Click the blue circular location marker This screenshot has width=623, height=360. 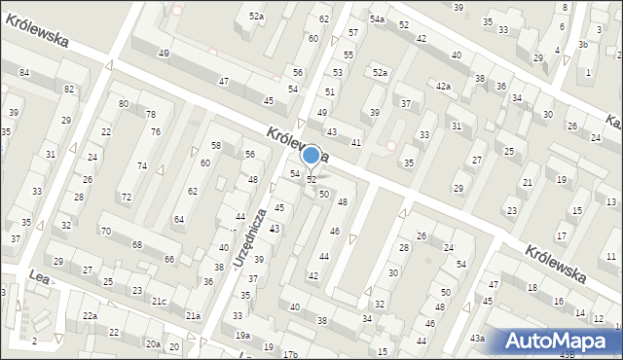311,154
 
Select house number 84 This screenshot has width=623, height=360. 23,73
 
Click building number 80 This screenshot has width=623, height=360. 124,103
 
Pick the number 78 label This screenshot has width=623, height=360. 151,115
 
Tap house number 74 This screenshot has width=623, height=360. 142,166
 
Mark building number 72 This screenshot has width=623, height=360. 126,198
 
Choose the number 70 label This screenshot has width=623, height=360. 105,232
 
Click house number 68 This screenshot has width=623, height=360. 137,244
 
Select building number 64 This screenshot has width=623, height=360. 179,220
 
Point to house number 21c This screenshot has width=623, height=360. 159,302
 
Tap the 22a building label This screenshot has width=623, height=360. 90,316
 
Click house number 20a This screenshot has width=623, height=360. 153,344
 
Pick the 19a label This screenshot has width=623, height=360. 241,336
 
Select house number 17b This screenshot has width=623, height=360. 290,354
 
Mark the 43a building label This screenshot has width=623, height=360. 477,338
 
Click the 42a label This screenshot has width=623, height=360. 444,87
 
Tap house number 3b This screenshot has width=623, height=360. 582,45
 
